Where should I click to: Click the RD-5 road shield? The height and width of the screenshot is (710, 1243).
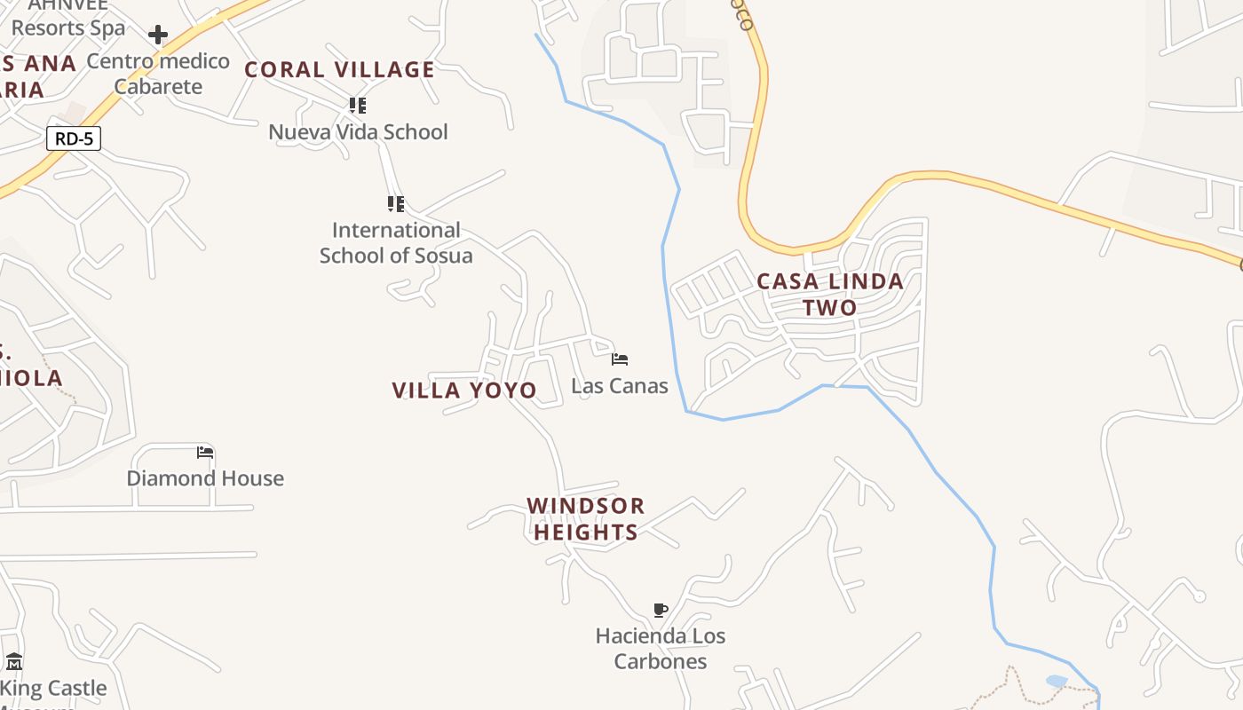tap(74, 138)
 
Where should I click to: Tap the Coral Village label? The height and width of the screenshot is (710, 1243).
tap(339, 69)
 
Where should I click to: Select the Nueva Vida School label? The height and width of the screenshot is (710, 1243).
tap(358, 132)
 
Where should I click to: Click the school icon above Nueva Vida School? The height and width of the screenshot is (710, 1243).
tap(358, 106)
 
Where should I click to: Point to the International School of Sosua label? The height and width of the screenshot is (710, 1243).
tap(396, 243)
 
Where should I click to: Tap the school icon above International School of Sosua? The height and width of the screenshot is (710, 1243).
tap(396, 204)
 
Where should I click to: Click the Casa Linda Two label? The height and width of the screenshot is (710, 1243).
tap(830, 295)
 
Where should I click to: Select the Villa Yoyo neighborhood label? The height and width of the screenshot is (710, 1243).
tap(464, 390)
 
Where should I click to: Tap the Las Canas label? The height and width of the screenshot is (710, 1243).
tap(620, 386)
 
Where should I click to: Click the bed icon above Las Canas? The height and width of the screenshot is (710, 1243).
tap(620, 359)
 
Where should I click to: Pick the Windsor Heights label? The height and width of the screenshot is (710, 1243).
tap(586, 519)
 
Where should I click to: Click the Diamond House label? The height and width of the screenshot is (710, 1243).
tap(205, 478)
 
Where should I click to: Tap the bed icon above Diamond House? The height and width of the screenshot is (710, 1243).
tap(205, 453)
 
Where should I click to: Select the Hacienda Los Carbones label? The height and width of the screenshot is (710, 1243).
tap(661, 649)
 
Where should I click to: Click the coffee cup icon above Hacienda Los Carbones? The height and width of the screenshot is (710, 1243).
tap(660, 610)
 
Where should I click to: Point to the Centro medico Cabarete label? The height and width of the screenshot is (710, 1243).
tap(158, 74)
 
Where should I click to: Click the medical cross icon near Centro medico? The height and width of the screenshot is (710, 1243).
tap(158, 35)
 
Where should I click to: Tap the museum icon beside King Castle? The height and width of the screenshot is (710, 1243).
tap(14, 662)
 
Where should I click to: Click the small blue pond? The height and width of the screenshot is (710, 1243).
tap(1057, 682)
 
